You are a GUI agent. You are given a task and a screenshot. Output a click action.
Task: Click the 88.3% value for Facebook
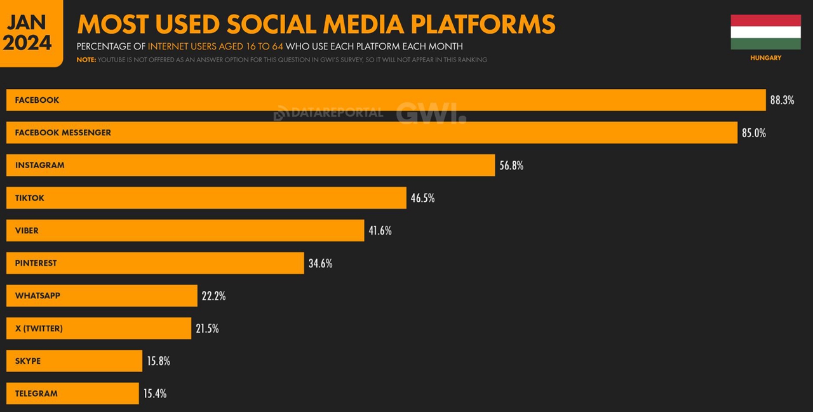(782, 100)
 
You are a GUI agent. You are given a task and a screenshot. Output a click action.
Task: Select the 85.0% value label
(753, 133)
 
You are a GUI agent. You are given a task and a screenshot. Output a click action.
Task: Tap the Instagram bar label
(39, 165)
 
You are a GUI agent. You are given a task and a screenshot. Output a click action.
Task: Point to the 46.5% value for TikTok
(422, 198)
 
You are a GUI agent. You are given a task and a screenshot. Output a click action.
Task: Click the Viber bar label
(27, 230)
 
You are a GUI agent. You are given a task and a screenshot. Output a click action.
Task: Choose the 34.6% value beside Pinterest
(320, 263)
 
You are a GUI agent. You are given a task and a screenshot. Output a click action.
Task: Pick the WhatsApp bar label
(37, 296)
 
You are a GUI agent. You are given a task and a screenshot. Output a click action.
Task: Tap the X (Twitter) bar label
(39, 329)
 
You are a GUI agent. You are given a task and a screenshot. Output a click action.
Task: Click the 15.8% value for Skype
(158, 361)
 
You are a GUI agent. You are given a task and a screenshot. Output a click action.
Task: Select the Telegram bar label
(36, 394)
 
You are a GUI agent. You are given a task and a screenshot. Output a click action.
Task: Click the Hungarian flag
(765, 32)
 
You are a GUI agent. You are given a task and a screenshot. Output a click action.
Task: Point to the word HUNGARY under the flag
(765, 58)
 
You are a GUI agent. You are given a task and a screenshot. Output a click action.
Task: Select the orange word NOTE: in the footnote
(86, 60)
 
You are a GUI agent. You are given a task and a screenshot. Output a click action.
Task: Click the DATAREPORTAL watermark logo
(328, 113)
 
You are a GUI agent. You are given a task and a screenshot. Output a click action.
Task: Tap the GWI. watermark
(431, 113)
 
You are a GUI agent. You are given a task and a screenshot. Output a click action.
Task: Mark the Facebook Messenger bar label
(63, 133)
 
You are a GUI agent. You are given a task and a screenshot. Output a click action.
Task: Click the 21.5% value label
(207, 329)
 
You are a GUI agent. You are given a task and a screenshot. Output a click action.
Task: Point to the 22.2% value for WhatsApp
(213, 296)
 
